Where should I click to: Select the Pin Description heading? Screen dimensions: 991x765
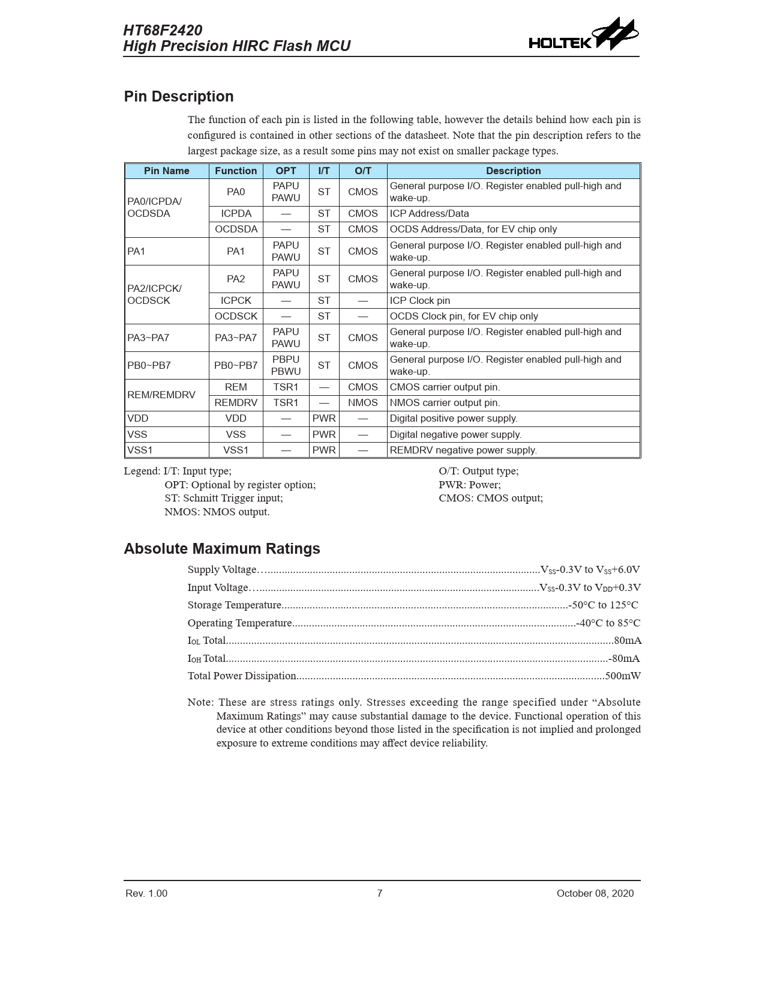point(179,97)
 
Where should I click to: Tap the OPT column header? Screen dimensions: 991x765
point(286,171)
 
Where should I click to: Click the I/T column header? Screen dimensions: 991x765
point(324,171)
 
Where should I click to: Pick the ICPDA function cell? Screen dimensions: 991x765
point(236,214)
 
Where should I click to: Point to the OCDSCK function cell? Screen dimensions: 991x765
point(236,317)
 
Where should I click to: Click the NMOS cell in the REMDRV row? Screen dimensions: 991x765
point(363,403)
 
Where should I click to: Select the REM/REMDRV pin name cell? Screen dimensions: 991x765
point(161,395)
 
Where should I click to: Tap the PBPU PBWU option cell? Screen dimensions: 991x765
point(286,366)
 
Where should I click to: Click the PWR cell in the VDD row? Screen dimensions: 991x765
point(324,419)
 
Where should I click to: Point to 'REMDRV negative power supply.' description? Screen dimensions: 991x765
point(463,450)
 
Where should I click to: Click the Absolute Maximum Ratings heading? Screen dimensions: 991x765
point(222,549)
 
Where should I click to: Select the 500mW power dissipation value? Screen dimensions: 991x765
point(623,676)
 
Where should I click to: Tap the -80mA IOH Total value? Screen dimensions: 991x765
point(624,659)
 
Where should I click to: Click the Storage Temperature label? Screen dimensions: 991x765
point(234,605)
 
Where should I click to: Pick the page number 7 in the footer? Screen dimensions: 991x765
point(380,894)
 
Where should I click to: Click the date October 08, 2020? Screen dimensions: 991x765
point(595,894)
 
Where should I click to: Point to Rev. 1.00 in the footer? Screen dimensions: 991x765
point(146,894)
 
